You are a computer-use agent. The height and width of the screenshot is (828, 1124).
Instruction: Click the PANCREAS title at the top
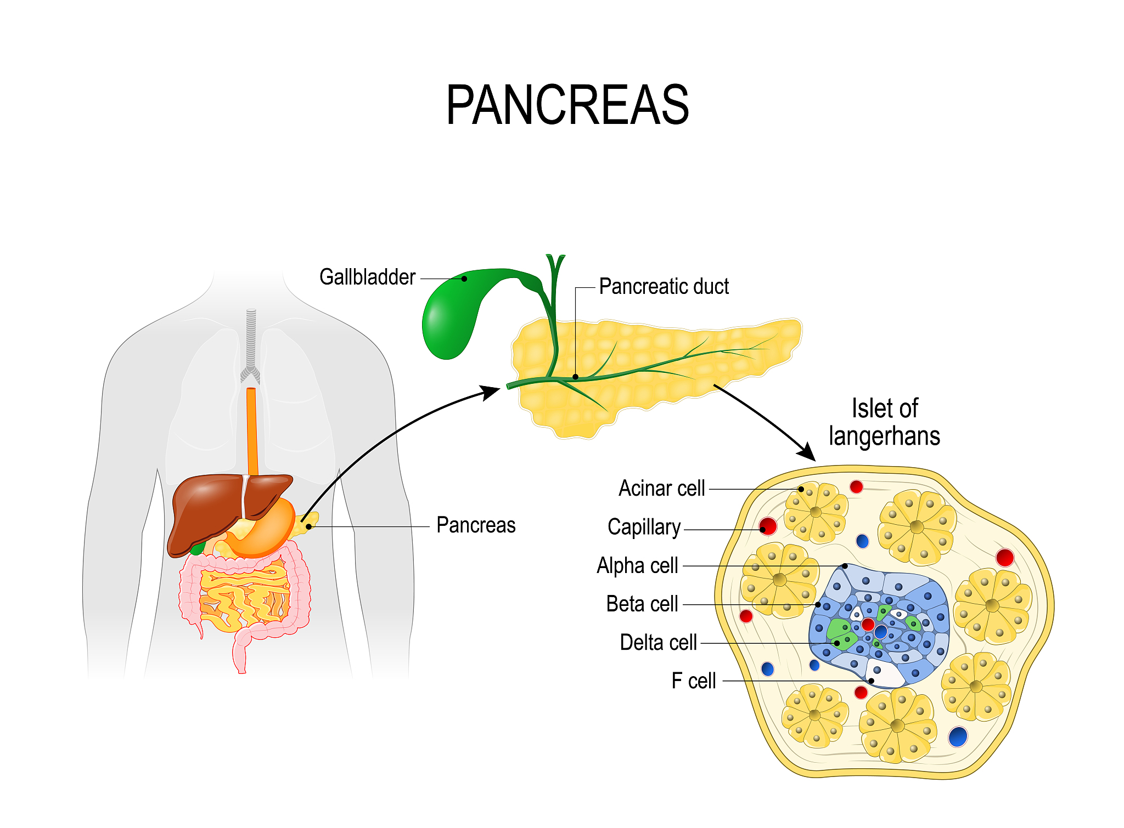(x=567, y=105)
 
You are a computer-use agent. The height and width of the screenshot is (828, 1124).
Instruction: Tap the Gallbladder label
(x=367, y=277)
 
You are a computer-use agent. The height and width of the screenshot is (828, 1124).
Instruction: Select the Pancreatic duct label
(x=664, y=287)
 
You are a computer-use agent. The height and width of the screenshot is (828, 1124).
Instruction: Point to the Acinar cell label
(x=661, y=488)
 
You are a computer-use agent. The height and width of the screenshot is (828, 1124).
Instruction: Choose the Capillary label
(x=644, y=527)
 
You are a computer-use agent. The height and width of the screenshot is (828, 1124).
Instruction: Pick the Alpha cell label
(x=637, y=565)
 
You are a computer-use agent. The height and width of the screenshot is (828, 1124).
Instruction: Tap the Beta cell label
(x=642, y=604)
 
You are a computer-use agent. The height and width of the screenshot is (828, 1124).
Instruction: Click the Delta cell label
(x=658, y=642)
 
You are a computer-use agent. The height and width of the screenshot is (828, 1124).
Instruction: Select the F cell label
(x=694, y=681)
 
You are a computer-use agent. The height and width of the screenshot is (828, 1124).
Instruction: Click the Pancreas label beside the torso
(x=476, y=525)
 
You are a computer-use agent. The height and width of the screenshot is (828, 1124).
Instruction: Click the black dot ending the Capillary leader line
(x=763, y=529)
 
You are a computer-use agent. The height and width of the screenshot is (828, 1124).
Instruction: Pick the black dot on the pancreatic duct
(x=575, y=377)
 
